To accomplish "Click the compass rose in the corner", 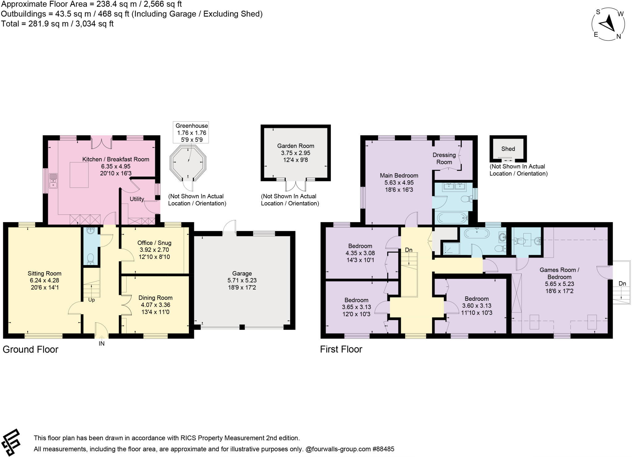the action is [x=608, y=24].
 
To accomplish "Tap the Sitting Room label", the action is [x=44, y=273].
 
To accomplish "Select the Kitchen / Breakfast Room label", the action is [x=116, y=159].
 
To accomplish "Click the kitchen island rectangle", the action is [x=79, y=175].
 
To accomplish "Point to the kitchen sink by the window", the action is [x=53, y=181].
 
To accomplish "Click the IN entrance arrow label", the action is [x=102, y=343].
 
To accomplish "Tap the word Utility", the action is [x=137, y=199].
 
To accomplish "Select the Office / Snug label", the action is [x=154, y=243].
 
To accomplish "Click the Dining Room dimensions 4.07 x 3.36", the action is [x=156, y=305].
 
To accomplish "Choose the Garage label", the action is [x=242, y=273].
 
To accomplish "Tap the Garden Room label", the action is [x=296, y=146].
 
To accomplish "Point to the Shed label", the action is [x=508, y=149].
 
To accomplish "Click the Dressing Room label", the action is [x=444, y=158].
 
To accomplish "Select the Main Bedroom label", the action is [x=399, y=175].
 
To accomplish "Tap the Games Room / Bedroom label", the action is [x=559, y=273].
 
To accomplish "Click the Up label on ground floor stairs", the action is [x=92, y=300].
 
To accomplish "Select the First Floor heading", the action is [x=341, y=349].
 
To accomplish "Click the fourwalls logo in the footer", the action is [x=11, y=442].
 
